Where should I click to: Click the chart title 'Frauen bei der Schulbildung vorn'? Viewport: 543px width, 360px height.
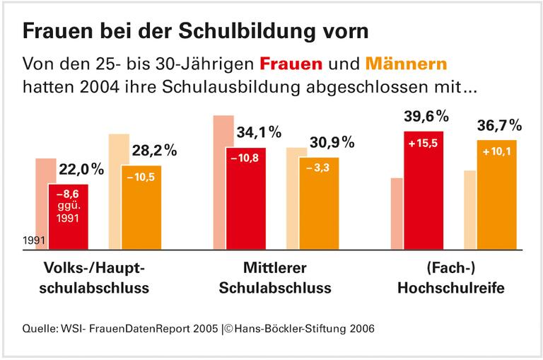195,31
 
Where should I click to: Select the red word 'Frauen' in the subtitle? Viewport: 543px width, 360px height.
291,64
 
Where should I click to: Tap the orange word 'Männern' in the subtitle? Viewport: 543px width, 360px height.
407,64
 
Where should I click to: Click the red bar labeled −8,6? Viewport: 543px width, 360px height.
68,216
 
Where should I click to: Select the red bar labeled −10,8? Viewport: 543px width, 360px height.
245,198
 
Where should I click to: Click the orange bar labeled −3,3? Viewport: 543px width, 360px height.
319,203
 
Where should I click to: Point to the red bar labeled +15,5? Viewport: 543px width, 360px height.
424,190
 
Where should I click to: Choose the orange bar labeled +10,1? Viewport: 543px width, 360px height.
496,194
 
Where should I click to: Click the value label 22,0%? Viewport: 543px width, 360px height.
81,170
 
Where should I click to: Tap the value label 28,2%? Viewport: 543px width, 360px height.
154,151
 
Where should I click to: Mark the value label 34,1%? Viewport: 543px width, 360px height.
259,132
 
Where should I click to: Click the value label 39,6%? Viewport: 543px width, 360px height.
427,116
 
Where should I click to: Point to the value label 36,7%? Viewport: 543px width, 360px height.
498,125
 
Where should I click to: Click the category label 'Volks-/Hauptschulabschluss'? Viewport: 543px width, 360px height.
96,279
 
